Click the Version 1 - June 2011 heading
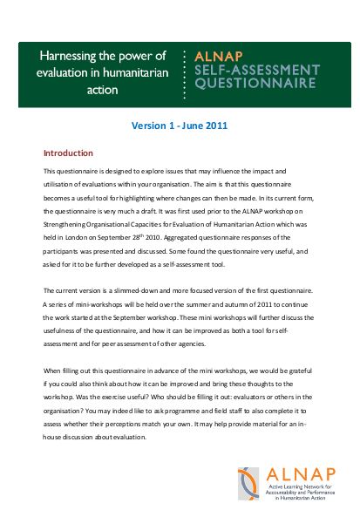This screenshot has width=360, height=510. (x=180, y=126)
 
